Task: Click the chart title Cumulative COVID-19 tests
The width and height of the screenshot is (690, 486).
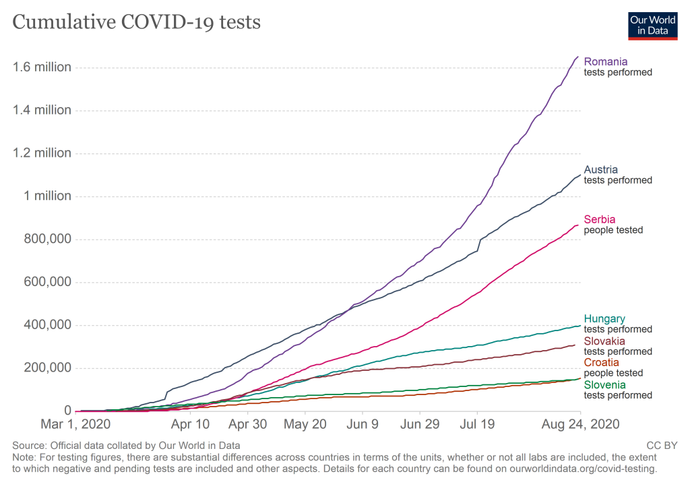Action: pyautogui.click(x=137, y=22)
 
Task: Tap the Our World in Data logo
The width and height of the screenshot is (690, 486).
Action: pyautogui.click(x=652, y=25)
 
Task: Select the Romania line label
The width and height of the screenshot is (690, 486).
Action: pyautogui.click(x=605, y=62)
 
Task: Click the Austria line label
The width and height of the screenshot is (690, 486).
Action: pyautogui.click(x=601, y=170)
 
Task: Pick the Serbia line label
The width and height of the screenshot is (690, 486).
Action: pyautogui.click(x=600, y=219)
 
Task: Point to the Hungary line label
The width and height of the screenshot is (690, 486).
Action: pyautogui.click(x=604, y=319)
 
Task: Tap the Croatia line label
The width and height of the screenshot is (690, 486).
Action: pyautogui.click(x=601, y=363)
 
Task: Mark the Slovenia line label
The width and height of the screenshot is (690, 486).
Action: pyautogui.click(x=605, y=385)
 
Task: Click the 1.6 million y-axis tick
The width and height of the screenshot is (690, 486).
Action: pyautogui.click(x=41, y=67)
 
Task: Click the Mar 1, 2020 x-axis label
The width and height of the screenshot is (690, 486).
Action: pyautogui.click(x=75, y=425)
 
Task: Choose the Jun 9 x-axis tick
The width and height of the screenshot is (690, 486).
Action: pyautogui.click(x=363, y=425)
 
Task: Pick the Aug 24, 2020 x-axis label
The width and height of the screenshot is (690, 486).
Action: pyautogui.click(x=580, y=425)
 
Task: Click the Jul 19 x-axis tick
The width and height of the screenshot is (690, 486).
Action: pyautogui.click(x=477, y=425)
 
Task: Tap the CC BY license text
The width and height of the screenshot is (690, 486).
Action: pyautogui.click(x=662, y=446)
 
